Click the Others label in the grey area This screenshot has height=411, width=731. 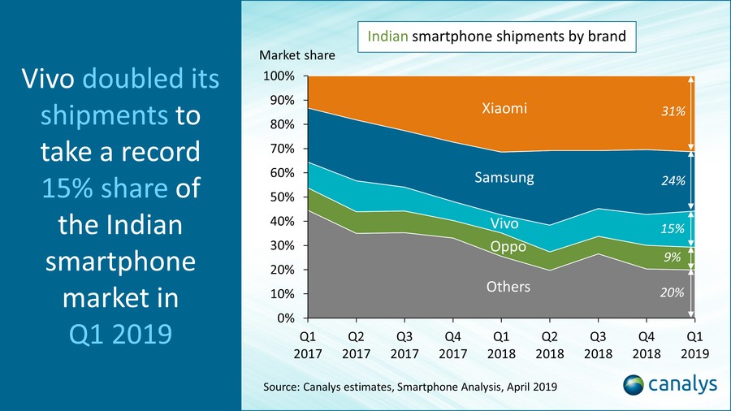(508, 287)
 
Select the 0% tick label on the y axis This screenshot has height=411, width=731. (289, 318)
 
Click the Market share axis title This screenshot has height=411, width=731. (296, 55)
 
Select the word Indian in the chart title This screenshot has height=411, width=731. (387, 37)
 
